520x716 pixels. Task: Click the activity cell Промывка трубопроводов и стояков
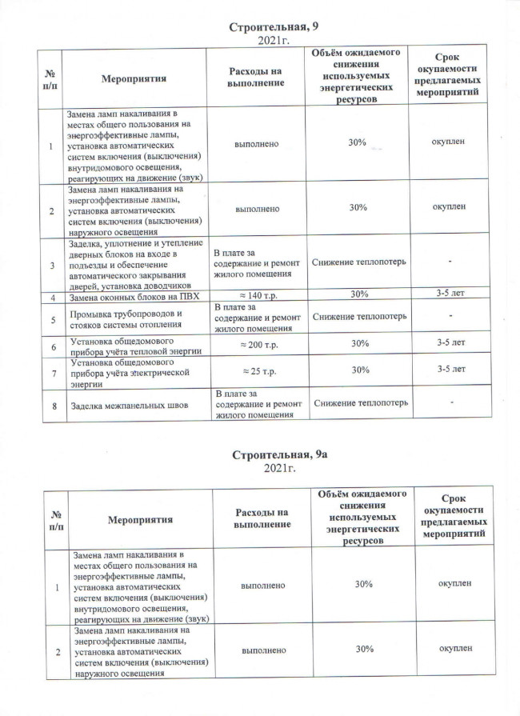[127, 319]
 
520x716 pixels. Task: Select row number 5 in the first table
[53, 319]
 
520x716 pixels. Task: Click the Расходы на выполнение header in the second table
[260, 517]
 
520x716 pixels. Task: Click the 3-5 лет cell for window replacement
[450, 294]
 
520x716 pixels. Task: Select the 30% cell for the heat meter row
[359, 344]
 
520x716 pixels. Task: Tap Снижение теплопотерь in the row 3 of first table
[359, 262]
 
